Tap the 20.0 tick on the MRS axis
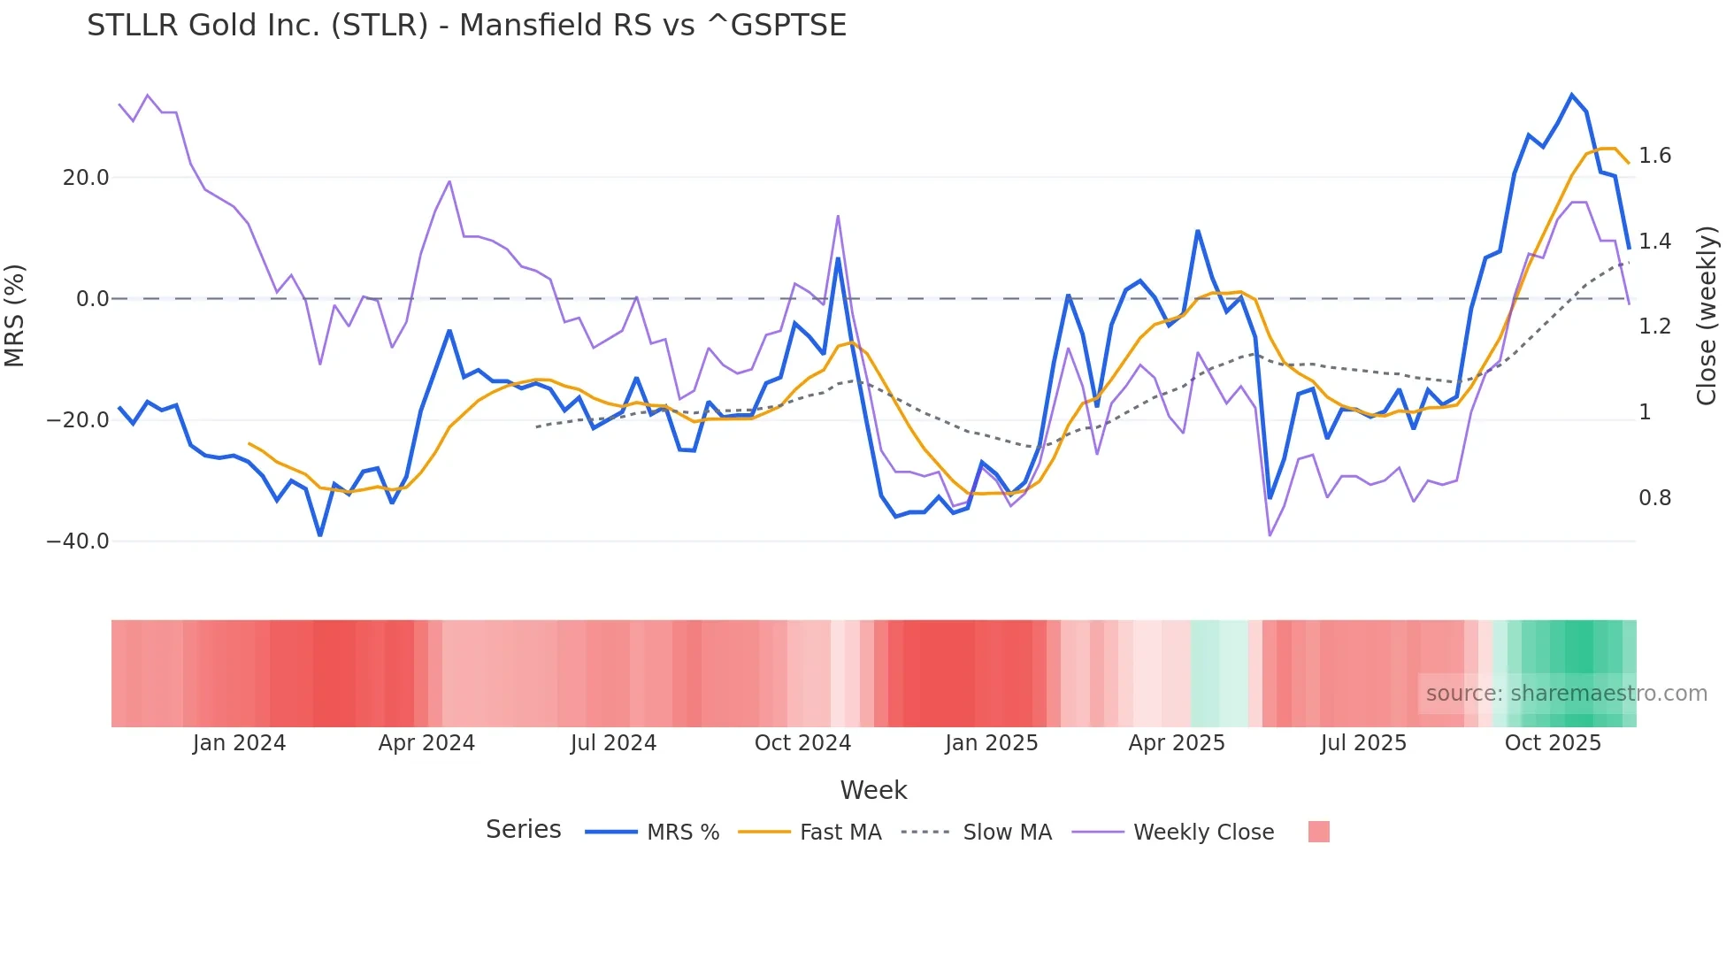click(x=86, y=178)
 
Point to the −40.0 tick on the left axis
click(x=78, y=541)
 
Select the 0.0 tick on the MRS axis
click(x=93, y=299)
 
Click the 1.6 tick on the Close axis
click(x=1654, y=156)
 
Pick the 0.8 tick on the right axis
click(x=1654, y=498)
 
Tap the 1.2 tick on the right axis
click(x=1654, y=326)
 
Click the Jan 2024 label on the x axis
click(x=239, y=743)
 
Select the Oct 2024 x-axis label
click(x=802, y=743)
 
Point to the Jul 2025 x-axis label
click(x=1363, y=743)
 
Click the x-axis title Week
click(x=873, y=790)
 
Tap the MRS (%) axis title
click(x=15, y=315)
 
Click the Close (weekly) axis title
click(x=1707, y=315)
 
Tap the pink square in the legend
click(x=1318, y=832)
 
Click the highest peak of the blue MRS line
click(x=1572, y=95)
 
